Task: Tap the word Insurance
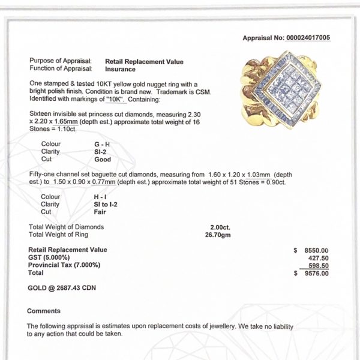(x=122, y=69)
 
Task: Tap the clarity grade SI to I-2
(x=120, y=204)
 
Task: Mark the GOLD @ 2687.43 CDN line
(x=62, y=287)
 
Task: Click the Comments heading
(x=44, y=311)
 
